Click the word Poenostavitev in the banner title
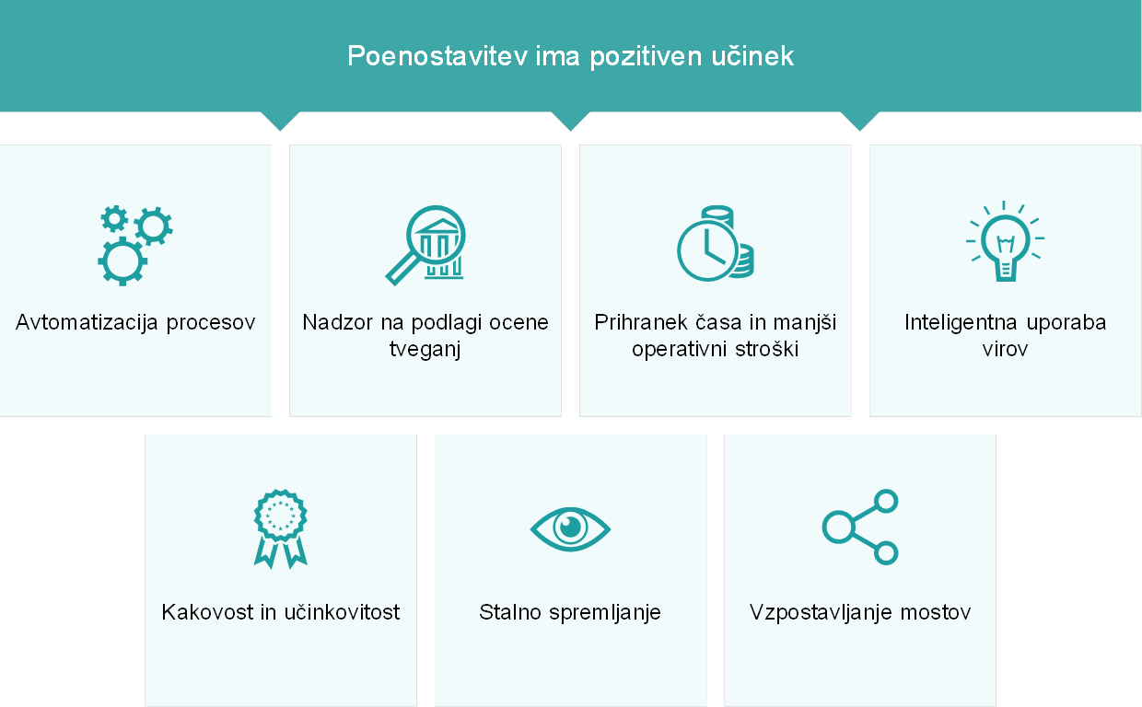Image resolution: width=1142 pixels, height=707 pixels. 437,55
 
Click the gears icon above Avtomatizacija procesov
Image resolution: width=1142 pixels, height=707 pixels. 135,245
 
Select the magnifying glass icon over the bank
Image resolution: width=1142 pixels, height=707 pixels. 425,245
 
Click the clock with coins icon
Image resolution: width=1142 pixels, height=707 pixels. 716,243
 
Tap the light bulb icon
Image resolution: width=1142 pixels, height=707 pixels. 1005,241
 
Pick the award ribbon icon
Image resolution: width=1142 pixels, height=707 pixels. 280,529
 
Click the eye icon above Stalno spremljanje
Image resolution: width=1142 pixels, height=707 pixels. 570,529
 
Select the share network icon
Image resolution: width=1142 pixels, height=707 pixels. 860,527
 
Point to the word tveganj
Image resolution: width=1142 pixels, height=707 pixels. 425,350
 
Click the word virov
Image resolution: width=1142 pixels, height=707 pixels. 1005,349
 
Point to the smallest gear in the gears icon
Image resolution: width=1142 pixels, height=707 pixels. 114,219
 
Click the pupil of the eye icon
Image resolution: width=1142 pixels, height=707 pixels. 570,527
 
